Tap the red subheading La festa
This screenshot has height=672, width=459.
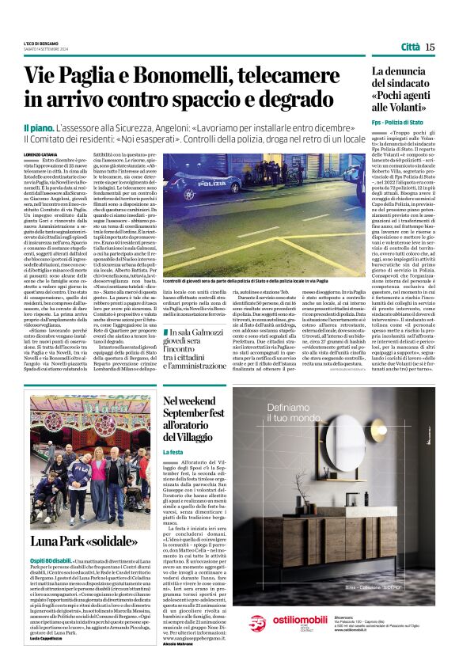(173, 452)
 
